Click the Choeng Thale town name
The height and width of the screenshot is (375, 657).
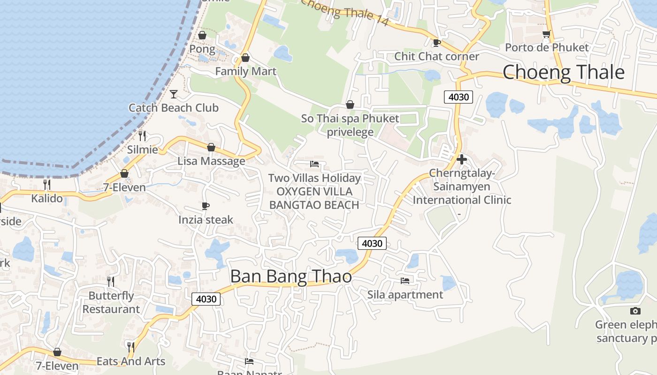(564, 73)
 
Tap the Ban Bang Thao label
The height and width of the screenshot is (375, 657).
(291, 277)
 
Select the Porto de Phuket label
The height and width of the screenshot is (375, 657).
(547, 47)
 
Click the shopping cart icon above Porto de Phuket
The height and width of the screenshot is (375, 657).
(546, 34)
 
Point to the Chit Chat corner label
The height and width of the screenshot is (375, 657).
(436, 56)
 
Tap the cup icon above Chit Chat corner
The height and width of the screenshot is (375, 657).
(436, 43)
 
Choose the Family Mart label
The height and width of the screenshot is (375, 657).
(245, 71)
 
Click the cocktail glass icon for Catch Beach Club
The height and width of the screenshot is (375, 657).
(174, 94)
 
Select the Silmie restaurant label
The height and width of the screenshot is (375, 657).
(143, 150)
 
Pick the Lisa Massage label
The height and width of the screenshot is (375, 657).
(211, 161)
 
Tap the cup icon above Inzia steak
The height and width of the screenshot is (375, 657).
(205, 206)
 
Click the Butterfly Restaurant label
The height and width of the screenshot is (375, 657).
(111, 302)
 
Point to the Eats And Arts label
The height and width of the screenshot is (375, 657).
(131, 361)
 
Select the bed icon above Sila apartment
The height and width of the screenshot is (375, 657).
(405, 281)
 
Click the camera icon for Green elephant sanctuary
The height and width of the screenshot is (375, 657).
(635, 311)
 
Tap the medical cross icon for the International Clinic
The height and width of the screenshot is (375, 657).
(462, 159)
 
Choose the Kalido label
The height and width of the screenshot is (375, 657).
(47, 198)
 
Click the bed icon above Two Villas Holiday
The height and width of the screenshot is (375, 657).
(314, 164)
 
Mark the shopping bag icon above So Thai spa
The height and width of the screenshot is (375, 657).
(350, 105)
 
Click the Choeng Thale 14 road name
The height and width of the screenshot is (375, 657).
(345, 12)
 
